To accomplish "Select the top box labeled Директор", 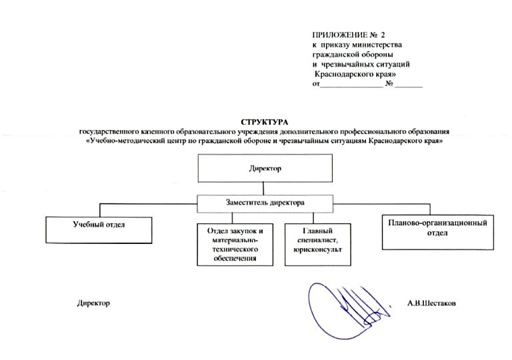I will [265, 168].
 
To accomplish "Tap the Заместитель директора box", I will [265, 201].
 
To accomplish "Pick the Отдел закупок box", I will [236, 243].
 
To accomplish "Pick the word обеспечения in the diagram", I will [237, 258].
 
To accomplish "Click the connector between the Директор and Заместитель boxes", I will [265, 187].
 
